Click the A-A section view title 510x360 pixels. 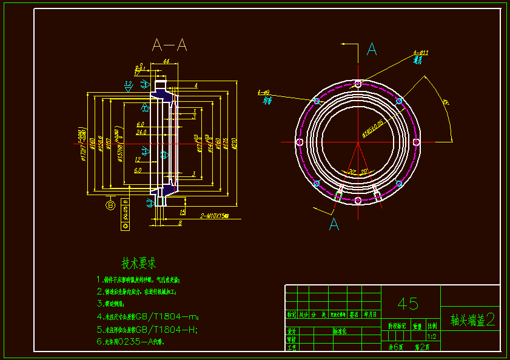pos(169,45)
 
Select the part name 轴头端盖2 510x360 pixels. pos(472,320)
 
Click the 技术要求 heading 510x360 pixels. pos(139,264)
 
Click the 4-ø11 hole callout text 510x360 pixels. pos(421,53)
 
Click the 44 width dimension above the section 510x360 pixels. pos(166,62)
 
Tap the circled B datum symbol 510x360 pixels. pos(110,205)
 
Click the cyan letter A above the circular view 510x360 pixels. pos(372,49)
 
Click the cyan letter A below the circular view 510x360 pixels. pos(334,224)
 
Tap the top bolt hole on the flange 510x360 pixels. pos(358,84)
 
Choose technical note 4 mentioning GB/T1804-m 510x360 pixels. pos(147,316)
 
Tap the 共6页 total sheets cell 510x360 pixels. pos(395,347)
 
